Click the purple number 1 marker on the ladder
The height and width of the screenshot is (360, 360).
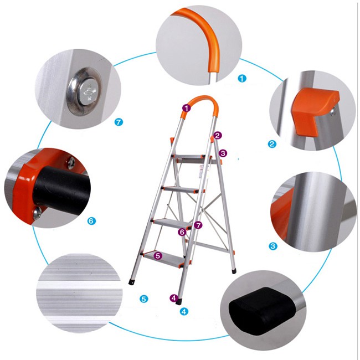pos(187,108)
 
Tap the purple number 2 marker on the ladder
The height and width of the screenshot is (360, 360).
pos(218,135)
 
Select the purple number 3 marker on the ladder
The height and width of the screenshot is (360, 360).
pos(223,153)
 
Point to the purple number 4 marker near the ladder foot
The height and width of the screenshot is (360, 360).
pos(174,298)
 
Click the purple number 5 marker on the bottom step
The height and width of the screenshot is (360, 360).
pos(158,255)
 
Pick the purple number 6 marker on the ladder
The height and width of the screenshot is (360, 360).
pos(182,232)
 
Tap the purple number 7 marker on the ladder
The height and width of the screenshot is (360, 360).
pos(198,225)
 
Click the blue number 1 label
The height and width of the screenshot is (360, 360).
pos(242,78)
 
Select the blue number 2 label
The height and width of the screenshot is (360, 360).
pos(272,144)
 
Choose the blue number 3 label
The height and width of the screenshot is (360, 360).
pos(273,246)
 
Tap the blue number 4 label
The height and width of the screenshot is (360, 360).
pos(184,311)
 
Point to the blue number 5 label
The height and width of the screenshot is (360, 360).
pos(144,299)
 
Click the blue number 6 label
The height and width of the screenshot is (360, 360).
pos(91,221)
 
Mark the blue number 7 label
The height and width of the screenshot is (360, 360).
pos(119,122)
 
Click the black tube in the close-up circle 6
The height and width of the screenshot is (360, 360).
pos(60,188)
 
